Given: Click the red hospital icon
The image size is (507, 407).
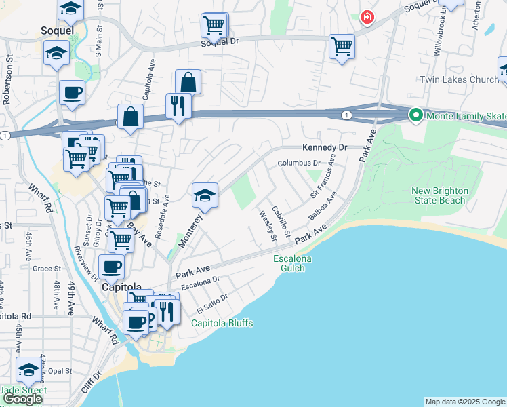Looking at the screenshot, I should coord(367,17).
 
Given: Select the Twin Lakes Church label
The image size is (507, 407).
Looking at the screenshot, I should coord(460,80).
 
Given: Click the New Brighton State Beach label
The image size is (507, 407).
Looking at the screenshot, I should coord(439,195).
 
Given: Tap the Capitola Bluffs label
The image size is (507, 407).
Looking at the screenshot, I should coord(222,323).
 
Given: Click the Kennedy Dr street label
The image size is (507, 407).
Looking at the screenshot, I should coord(324,147).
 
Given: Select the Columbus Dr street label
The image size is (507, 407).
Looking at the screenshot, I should coord(299,163).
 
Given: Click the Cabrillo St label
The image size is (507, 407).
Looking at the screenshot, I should coord(282,222).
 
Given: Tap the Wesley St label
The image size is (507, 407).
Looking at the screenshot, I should coord(268,226).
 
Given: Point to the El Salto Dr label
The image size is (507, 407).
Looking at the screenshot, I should coord(212,302).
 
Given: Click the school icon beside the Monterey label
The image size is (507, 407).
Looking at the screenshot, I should coord(205,195).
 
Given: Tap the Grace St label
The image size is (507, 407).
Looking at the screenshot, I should coord(43,269).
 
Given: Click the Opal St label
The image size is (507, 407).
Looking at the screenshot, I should coord(60,371).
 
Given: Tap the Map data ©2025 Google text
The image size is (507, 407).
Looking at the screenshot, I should coord(465,402).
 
